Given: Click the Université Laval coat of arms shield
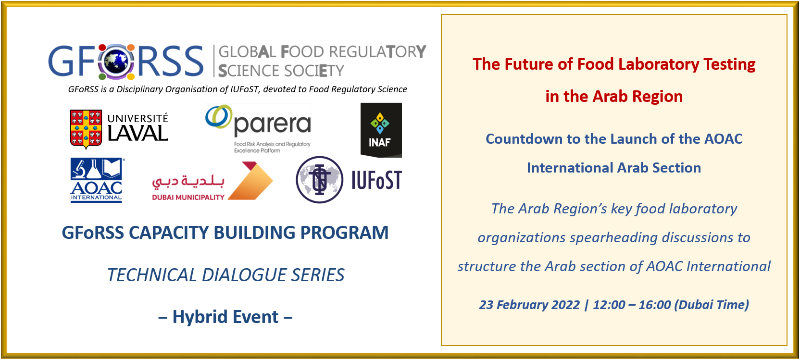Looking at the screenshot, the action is (86, 129).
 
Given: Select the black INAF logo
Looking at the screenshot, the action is (381, 130).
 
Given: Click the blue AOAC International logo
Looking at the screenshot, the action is (97, 180).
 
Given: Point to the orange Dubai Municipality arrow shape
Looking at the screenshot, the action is (250, 181).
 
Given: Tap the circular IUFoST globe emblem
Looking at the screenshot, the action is (319, 180).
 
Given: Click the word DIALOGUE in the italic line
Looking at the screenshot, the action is (244, 275).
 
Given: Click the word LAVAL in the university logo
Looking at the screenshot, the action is (137, 134).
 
